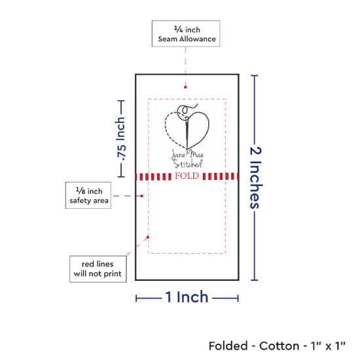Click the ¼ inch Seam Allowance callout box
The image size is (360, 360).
pos(186,34)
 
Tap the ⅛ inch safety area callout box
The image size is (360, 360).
pos(88,196)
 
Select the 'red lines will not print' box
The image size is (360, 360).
pos(98,269)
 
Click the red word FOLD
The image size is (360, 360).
pos(187,176)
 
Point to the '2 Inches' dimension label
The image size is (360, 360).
pos(256,177)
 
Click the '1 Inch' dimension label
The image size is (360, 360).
pos(187,297)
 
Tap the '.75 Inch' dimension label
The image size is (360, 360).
pos(121,139)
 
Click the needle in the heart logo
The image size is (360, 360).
pos(187,133)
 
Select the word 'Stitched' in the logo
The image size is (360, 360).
pos(188,164)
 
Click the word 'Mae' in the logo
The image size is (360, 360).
pos(196,154)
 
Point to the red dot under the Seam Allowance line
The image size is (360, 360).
pos(185,87)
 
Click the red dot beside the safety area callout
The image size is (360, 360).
pos(141,196)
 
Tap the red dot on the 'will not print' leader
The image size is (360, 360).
pos(148,237)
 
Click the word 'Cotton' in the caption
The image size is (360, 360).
pos(279,346)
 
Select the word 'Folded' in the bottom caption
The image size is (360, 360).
pos(228,346)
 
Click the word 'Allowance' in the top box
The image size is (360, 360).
pos(198,39)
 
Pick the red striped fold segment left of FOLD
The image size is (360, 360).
pos(153,177)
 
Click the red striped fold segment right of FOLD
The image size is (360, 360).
pos(220,176)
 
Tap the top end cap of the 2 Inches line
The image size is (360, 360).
pos(255,75)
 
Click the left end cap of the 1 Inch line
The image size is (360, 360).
pos(136,298)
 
